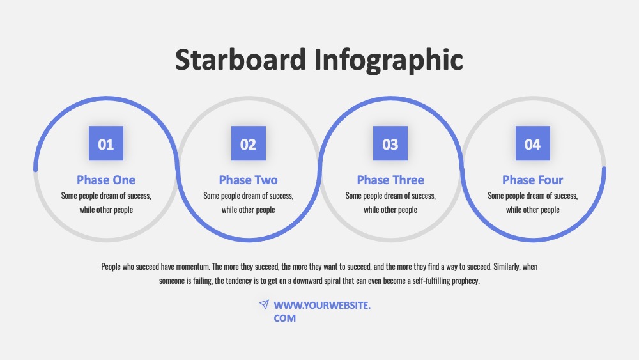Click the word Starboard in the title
(240, 59)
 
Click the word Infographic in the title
(389, 60)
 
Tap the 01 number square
(106, 143)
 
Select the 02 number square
(248, 143)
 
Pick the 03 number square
(390, 143)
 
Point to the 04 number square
(533, 143)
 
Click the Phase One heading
(106, 180)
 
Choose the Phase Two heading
(248, 180)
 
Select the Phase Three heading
(390, 180)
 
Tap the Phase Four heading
(533, 180)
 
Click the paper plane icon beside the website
(264, 304)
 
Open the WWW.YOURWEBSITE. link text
(322, 306)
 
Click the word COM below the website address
(285, 318)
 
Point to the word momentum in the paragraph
(193, 267)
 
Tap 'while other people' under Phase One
(106, 210)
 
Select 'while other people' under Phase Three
(390, 210)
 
